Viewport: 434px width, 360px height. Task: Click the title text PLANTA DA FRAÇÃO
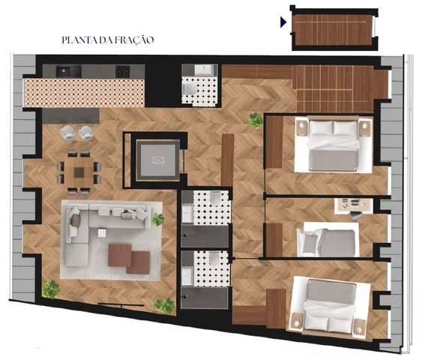108,40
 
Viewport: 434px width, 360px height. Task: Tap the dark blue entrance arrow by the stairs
283,22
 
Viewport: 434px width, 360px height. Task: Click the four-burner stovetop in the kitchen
123,71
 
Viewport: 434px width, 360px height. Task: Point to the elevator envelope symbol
158,160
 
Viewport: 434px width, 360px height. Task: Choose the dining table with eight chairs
79,172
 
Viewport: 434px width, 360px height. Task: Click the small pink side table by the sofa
102,232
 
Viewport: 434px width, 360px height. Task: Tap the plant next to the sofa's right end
157,219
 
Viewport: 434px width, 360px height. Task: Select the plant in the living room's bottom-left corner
51,289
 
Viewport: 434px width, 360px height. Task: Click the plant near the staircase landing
255,120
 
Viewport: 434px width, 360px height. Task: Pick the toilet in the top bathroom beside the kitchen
190,89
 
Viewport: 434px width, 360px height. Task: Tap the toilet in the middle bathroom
215,199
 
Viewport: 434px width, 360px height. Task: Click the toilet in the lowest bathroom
214,259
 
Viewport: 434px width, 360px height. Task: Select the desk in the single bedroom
354,205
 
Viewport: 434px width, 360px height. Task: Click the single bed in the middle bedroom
328,239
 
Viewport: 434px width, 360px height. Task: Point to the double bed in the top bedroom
334,145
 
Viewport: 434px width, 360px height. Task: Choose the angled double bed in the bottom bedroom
329,305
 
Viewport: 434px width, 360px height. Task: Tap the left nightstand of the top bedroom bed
301,128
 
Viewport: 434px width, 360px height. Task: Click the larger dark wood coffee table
120,255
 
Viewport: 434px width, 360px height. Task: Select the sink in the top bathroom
205,70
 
